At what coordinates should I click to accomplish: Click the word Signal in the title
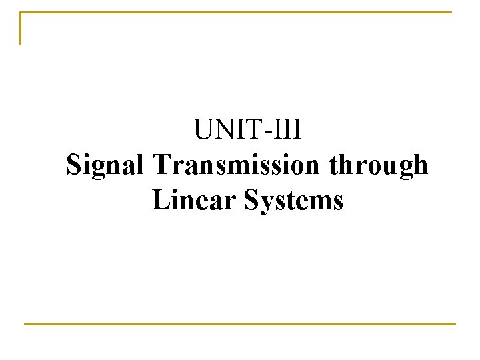tap(107, 165)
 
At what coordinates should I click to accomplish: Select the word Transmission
tap(237, 165)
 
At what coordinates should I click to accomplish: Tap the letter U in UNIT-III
tap(203, 129)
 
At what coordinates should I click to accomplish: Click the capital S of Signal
tap(74, 165)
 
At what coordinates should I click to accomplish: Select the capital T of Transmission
tap(161, 164)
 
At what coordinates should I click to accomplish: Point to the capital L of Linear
tap(159, 199)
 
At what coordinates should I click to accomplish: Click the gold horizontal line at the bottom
tap(240, 324)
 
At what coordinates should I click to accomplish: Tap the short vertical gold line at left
tap(21, 28)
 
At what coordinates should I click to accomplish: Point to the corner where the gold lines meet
tap(21, 13)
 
